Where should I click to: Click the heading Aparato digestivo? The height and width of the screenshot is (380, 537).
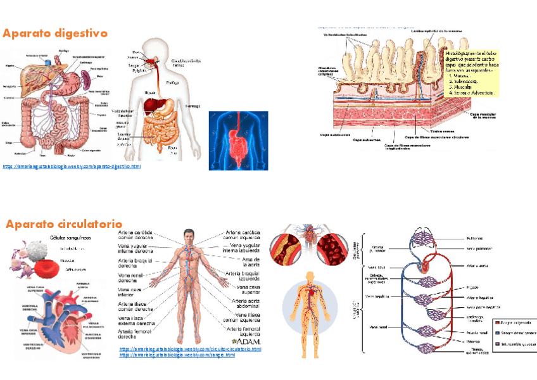coord(55,33)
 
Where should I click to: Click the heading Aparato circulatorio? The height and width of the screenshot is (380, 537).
coord(64,224)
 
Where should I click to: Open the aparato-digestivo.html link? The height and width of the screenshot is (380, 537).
coord(72,167)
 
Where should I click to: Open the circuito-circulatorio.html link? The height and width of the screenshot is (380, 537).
coord(190,349)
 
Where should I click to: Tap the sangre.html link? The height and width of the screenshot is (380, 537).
coord(177,355)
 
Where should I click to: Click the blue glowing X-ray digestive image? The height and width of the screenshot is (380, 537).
coord(238,140)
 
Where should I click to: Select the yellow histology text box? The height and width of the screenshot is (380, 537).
coord(472,70)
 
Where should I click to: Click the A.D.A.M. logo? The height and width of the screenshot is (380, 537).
coord(246,342)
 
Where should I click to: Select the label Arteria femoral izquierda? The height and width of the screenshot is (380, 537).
coord(242,331)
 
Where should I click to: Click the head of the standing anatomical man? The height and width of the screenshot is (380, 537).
coord(189,235)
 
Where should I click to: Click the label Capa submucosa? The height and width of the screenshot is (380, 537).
coord(334,135)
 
